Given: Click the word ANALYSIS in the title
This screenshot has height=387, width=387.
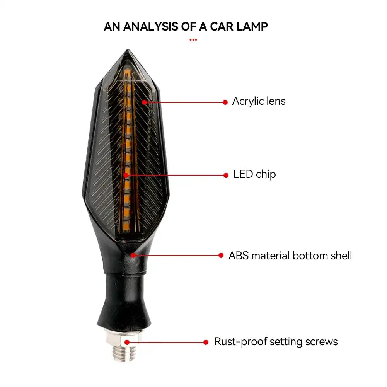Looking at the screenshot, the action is [x=150, y=27].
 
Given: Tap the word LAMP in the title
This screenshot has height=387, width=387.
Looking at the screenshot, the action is [x=252, y=27].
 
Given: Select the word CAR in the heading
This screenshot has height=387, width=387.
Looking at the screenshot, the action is [x=222, y=27].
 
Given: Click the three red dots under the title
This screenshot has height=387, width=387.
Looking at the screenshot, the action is [x=193, y=40].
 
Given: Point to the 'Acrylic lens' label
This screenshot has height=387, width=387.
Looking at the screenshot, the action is [x=259, y=101].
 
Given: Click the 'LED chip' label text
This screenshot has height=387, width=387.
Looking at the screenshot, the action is [x=254, y=174].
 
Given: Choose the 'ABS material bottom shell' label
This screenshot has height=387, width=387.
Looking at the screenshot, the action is [x=290, y=256].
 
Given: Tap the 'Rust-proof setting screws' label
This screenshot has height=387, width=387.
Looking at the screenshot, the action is [x=276, y=342].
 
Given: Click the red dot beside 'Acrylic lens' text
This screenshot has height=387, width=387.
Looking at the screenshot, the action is [x=225, y=102].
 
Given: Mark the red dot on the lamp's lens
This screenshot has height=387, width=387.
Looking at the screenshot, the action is [x=144, y=102].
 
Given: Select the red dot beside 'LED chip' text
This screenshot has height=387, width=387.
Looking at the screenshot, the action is [x=226, y=175].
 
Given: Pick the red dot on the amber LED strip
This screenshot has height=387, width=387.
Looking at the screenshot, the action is [x=126, y=175].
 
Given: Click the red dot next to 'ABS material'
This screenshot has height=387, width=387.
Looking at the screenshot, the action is [x=221, y=256].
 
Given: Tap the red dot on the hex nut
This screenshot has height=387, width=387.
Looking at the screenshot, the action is [x=127, y=342].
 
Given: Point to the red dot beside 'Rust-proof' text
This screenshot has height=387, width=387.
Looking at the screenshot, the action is [x=206, y=342].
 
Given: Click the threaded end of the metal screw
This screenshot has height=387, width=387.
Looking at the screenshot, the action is [x=124, y=354].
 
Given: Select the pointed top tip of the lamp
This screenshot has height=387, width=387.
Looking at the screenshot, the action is [x=128, y=50].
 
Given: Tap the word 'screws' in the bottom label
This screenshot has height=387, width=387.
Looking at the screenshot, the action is [x=321, y=342].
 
